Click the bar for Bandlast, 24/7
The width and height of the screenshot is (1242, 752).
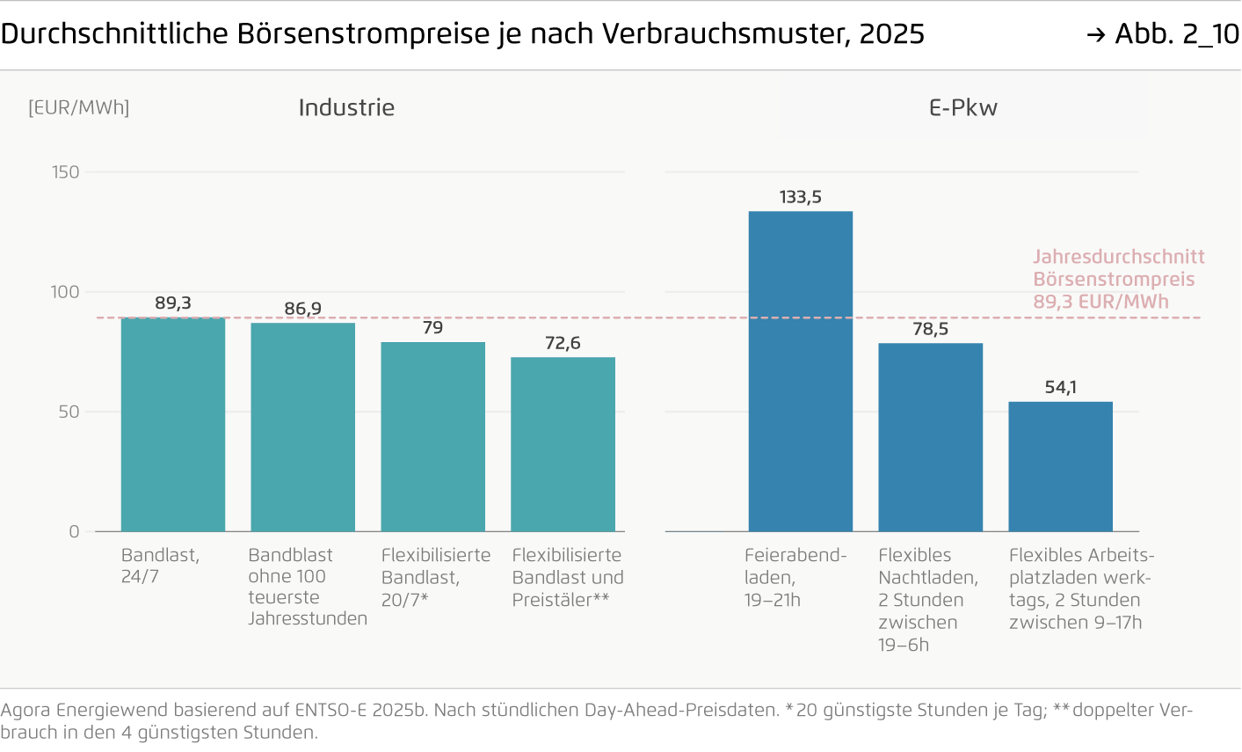point(173,424)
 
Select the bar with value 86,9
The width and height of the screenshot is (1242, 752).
point(303,427)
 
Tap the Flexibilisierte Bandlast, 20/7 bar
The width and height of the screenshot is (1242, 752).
point(433,436)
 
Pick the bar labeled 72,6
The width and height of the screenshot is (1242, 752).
point(563,444)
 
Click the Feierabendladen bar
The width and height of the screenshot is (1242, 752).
point(801,371)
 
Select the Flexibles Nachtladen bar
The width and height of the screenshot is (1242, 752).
point(931,437)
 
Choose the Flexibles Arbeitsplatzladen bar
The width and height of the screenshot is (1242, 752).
point(1061,466)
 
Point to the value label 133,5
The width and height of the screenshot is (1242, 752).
point(801,197)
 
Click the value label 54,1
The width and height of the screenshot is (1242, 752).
point(1061,387)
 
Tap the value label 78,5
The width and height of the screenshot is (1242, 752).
point(931,329)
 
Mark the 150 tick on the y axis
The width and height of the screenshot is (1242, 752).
point(66,172)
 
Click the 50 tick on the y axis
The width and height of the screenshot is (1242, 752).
point(69,412)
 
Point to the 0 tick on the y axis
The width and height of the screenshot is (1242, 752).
point(74,531)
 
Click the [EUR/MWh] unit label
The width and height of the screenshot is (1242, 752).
point(79,107)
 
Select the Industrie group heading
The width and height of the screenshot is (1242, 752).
point(346,107)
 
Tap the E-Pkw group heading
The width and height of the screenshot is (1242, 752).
point(963,107)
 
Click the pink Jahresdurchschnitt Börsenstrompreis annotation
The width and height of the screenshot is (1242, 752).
point(1118,279)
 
